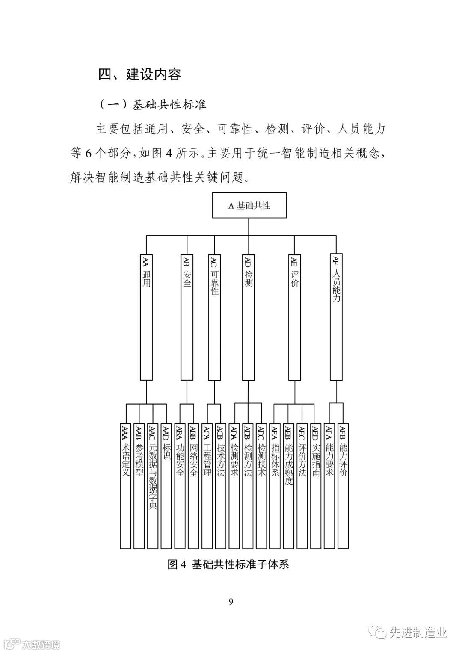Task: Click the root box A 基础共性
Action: coord(249,206)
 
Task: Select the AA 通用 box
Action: coord(147,316)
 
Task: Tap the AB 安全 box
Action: coord(187,316)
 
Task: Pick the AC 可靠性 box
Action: coord(214,316)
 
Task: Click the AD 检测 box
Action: coord(249,316)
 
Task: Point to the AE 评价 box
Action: coord(294,316)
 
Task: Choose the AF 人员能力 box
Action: coord(336,316)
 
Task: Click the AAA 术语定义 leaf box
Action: coord(125,486)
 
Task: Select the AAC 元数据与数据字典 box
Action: coord(153,486)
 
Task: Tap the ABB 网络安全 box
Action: coord(194,486)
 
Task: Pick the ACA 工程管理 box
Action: coord(207,486)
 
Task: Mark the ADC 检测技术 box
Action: coord(262,486)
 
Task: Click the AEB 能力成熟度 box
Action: coord(288,486)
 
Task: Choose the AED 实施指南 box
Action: coord(316,486)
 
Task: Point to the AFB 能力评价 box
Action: coord(343,486)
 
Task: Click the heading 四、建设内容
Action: coord(140,74)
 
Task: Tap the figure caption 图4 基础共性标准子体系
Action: coord(228,564)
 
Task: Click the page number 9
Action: coord(231,602)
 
